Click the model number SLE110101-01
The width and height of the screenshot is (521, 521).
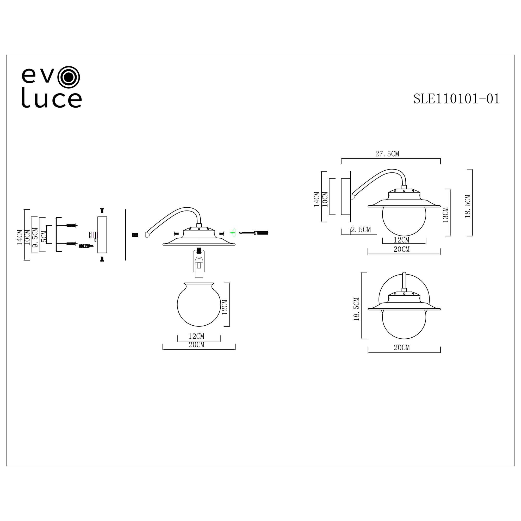(456, 99)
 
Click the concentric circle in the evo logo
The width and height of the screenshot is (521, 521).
(69, 77)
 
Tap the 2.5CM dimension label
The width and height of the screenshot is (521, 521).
(361, 230)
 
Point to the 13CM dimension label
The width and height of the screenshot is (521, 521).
(445, 215)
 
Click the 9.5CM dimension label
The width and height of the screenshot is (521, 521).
(35, 238)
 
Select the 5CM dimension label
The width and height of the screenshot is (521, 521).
(44, 236)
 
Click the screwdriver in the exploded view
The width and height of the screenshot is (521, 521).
(254, 232)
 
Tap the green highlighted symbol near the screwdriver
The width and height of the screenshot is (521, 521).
(233, 232)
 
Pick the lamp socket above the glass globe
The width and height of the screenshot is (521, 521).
(199, 263)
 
